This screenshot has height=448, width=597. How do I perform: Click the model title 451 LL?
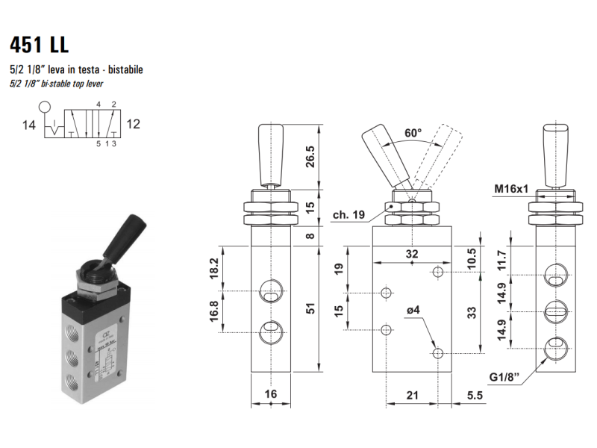[x=40, y=45]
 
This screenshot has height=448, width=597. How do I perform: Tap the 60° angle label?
[x=413, y=133]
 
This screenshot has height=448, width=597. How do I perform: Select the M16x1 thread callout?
[x=511, y=189]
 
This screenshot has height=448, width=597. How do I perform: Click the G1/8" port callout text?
[x=504, y=377]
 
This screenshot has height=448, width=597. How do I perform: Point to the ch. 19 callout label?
[x=348, y=215]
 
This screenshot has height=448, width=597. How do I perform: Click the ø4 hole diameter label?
[x=413, y=310]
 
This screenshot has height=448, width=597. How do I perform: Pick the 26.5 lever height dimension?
[x=310, y=157]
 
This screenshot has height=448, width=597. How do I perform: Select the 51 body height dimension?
[x=311, y=308]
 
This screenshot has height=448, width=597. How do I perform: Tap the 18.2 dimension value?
[x=213, y=269]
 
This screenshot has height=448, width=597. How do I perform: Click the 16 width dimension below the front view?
[x=271, y=394]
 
